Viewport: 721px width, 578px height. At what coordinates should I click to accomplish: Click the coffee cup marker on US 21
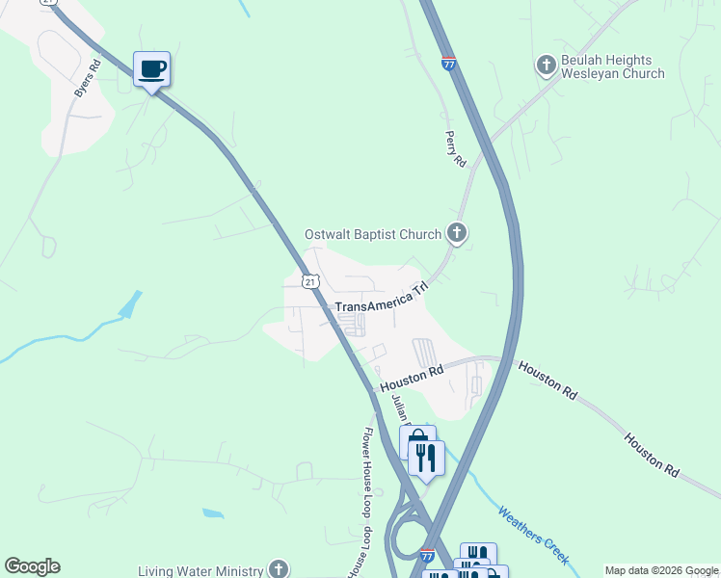[151, 69]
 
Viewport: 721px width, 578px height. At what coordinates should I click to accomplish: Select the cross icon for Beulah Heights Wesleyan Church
[546, 66]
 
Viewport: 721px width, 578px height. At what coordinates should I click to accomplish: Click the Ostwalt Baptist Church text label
[372, 234]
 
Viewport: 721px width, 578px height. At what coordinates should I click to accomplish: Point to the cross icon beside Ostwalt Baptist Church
[457, 233]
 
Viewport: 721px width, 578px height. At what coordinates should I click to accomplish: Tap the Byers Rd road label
[88, 79]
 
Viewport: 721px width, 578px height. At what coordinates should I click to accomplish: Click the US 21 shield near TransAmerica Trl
[308, 280]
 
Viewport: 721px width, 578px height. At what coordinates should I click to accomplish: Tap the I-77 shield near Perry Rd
[449, 64]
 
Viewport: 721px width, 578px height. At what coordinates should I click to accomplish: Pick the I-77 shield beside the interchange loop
[428, 556]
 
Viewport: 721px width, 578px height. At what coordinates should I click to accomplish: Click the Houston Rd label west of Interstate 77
[412, 377]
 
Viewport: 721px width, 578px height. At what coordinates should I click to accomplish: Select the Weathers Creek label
[533, 536]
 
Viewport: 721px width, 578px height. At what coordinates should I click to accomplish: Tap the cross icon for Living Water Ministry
[279, 569]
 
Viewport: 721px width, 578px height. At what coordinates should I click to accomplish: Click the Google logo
[32, 566]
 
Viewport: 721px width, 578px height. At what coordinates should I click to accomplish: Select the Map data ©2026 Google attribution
[661, 570]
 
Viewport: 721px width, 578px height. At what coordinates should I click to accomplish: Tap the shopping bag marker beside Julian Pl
[416, 444]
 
